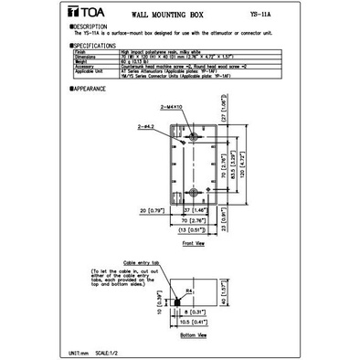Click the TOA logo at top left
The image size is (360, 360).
tap(82, 16)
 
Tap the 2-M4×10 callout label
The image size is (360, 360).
tap(172, 108)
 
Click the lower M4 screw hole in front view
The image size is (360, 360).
tap(193, 193)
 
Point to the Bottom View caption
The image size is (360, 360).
tap(194, 335)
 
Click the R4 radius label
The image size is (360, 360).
tap(190, 290)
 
